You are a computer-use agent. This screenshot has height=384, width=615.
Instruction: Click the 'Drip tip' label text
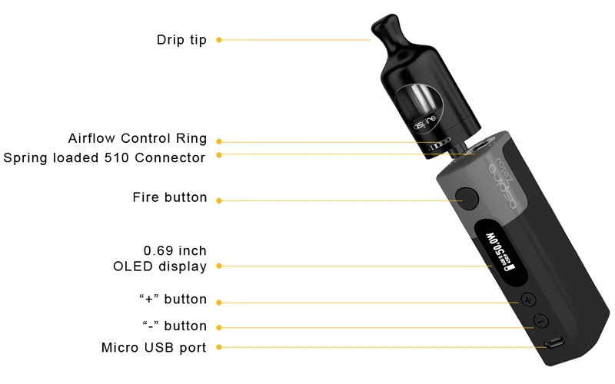coord(181,40)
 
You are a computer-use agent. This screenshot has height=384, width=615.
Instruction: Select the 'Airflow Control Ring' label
coord(137,139)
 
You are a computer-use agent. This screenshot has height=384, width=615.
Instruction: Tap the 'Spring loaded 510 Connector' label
coord(105,158)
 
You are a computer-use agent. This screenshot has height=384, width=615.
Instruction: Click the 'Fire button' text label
coord(170,197)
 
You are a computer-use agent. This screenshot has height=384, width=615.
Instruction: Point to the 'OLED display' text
coord(159,266)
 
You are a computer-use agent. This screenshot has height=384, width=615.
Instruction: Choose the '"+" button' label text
coord(173,299)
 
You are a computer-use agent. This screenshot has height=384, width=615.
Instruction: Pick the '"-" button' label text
coord(175,326)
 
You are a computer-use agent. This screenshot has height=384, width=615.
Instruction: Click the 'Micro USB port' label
coord(154,348)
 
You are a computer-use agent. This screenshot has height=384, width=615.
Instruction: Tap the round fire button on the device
coord(467,197)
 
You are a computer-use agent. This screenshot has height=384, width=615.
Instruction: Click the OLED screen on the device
coord(500,253)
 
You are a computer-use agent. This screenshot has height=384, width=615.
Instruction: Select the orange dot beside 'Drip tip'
coord(218,40)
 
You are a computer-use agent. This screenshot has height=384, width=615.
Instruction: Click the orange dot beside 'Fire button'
coord(218,200)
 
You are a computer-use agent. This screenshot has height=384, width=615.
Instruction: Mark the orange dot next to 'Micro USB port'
coord(218,348)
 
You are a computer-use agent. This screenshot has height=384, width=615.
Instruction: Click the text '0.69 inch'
coord(175,250)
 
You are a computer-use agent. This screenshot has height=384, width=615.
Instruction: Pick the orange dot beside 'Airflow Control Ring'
coord(218,141)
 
